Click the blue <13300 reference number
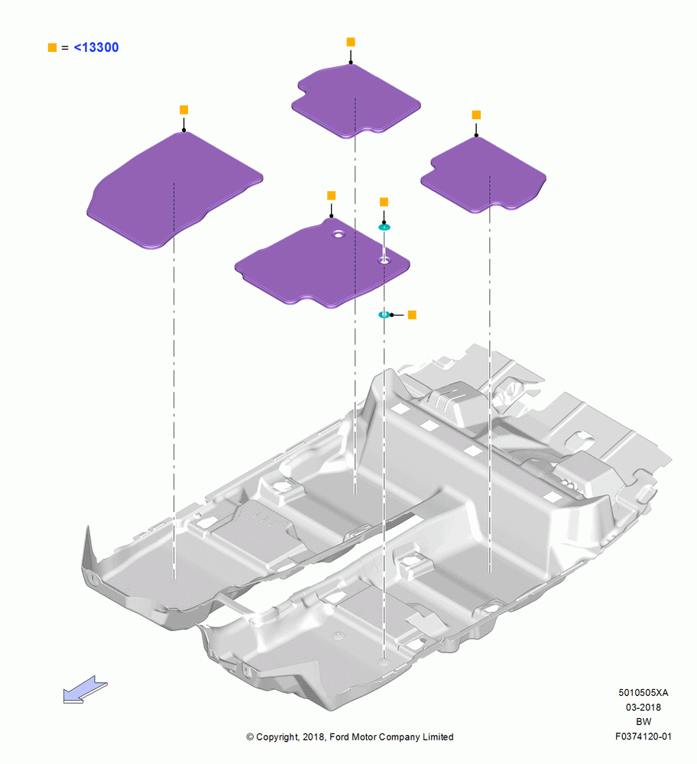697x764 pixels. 96,47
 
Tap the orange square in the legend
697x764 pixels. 52,47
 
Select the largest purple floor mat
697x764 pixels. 174,190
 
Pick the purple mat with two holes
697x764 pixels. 323,263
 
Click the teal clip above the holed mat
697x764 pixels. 384,227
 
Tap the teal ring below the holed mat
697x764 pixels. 384,315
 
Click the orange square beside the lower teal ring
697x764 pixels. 412,315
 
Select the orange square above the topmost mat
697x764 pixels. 351,42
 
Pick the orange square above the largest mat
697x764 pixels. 183,109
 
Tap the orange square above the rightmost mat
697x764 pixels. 476,115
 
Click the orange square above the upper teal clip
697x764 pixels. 384,202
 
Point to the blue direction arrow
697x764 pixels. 86,689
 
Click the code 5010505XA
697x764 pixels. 644,692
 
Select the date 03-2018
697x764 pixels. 644,707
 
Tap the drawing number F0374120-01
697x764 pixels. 644,736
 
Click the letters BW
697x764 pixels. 644,722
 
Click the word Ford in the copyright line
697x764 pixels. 340,736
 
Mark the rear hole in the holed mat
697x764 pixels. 337,235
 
